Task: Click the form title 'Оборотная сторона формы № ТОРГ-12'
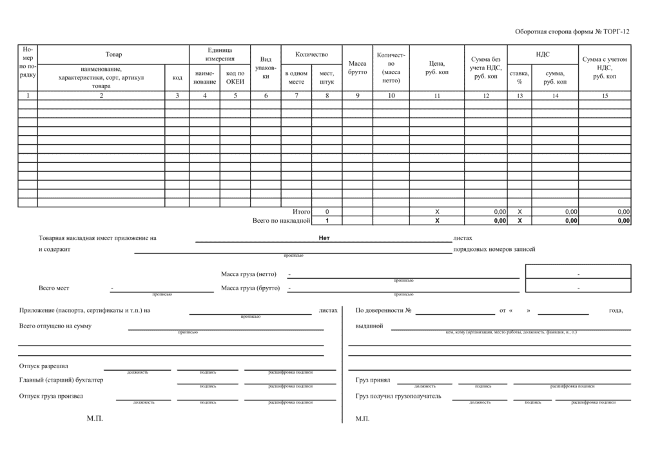tap(572, 32)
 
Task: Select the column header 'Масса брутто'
tap(357, 68)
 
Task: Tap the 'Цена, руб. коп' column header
tap(436, 68)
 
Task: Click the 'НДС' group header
tap(543, 54)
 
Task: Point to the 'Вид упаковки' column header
tap(266, 68)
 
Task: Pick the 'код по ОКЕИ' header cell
tap(235, 77)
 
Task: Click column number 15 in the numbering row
tap(605, 96)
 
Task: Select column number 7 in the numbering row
tap(296, 95)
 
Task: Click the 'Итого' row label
tap(301, 212)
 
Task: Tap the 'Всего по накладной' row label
tap(282, 221)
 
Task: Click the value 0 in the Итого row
tap(327, 212)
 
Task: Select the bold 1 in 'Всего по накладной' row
tap(327, 221)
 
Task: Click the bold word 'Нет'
tap(324, 238)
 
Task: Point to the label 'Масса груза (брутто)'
tap(250, 288)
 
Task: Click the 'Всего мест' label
tap(54, 288)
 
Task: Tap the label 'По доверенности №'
tap(383, 311)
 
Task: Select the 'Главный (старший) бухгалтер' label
tap(62, 380)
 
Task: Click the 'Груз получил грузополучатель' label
tap(398, 396)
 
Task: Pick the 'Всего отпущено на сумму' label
tap(55, 326)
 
